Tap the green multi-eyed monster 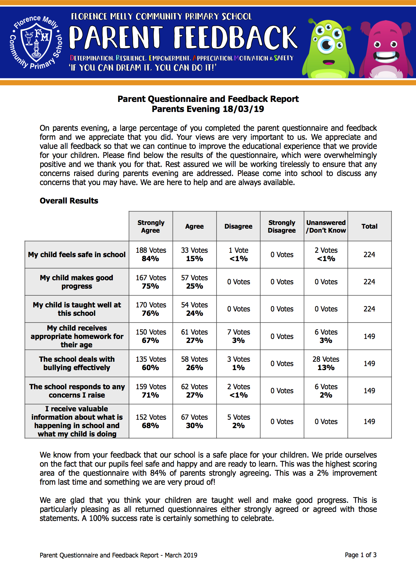click(327, 49)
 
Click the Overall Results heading click(69, 201)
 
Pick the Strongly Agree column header click(151, 226)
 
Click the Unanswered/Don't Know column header click(326, 226)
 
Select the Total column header click(369, 226)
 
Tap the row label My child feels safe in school click(77, 254)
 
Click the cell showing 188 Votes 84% click(151, 254)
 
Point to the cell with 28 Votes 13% click(326, 363)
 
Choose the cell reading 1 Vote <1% click(238, 254)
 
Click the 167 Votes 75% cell click(151, 282)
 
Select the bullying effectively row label click(77, 363)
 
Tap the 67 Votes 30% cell click(194, 421)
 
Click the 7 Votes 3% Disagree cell click(238, 336)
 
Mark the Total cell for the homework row click(369, 336)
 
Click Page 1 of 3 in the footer click(361, 555)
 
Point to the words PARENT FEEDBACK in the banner click(183, 38)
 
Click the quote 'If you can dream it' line click(143, 68)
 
